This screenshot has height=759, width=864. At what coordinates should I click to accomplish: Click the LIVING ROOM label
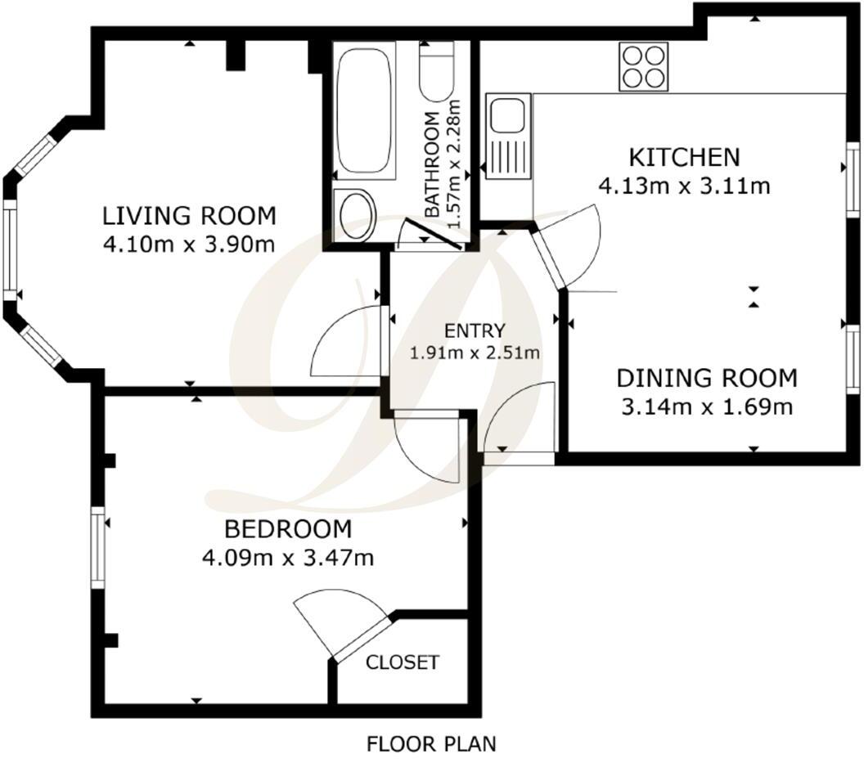tap(189, 216)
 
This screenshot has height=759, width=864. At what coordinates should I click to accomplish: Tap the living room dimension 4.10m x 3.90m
tap(188, 244)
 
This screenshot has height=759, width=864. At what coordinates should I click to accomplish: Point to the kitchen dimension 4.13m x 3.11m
tap(684, 186)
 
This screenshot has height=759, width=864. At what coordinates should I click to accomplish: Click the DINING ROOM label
tap(706, 378)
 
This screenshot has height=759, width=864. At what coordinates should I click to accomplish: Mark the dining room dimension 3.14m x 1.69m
tap(705, 406)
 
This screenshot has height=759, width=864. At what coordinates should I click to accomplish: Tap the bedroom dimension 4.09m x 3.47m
tap(287, 558)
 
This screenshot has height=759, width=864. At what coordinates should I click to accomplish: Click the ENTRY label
tap(475, 331)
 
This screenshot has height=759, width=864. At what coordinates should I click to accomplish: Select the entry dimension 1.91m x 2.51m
tap(475, 353)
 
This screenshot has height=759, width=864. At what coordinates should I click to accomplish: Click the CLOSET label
tap(403, 662)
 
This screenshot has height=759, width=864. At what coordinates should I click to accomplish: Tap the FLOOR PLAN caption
tap(431, 744)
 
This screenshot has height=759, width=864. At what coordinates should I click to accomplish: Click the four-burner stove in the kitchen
tap(642, 66)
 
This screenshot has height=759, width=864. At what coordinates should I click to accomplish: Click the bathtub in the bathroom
tap(365, 110)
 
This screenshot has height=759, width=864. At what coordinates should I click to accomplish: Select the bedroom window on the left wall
tap(99, 547)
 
